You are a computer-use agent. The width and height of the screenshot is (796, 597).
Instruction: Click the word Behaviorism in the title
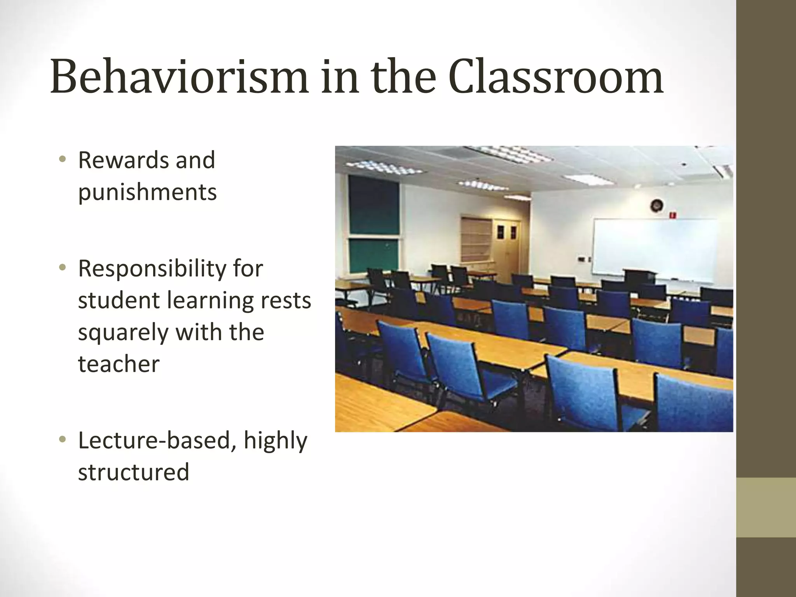[x=179, y=77]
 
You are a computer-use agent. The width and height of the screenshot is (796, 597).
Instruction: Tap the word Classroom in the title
[x=556, y=77]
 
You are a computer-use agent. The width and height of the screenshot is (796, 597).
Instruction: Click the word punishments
[x=147, y=192]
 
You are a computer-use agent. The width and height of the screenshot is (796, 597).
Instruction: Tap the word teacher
[x=119, y=364]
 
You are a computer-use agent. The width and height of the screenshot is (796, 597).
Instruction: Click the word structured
[x=133, y=472]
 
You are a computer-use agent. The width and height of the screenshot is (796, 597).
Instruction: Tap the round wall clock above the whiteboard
[x=656, y=205]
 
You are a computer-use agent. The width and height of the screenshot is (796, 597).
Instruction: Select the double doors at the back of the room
[x=506, y=249]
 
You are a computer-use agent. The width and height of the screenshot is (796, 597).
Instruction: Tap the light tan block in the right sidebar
[x=766, y=507]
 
